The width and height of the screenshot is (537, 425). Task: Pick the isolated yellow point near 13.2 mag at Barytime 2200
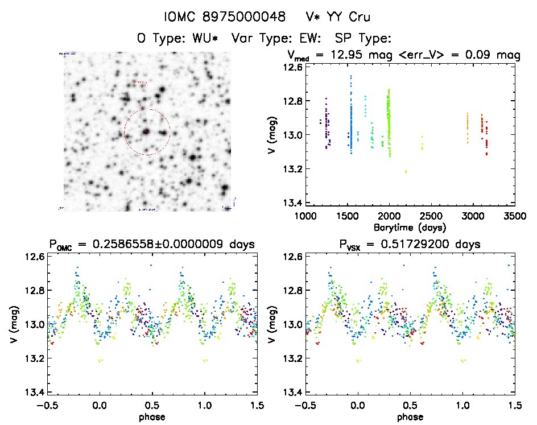[x=406, y=171]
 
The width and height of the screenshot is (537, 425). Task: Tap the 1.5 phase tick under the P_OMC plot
[x=257, y=406]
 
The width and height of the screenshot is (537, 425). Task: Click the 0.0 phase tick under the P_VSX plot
[x=358, y=406]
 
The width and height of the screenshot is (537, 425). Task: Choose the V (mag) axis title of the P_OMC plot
[x=13, y=324]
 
